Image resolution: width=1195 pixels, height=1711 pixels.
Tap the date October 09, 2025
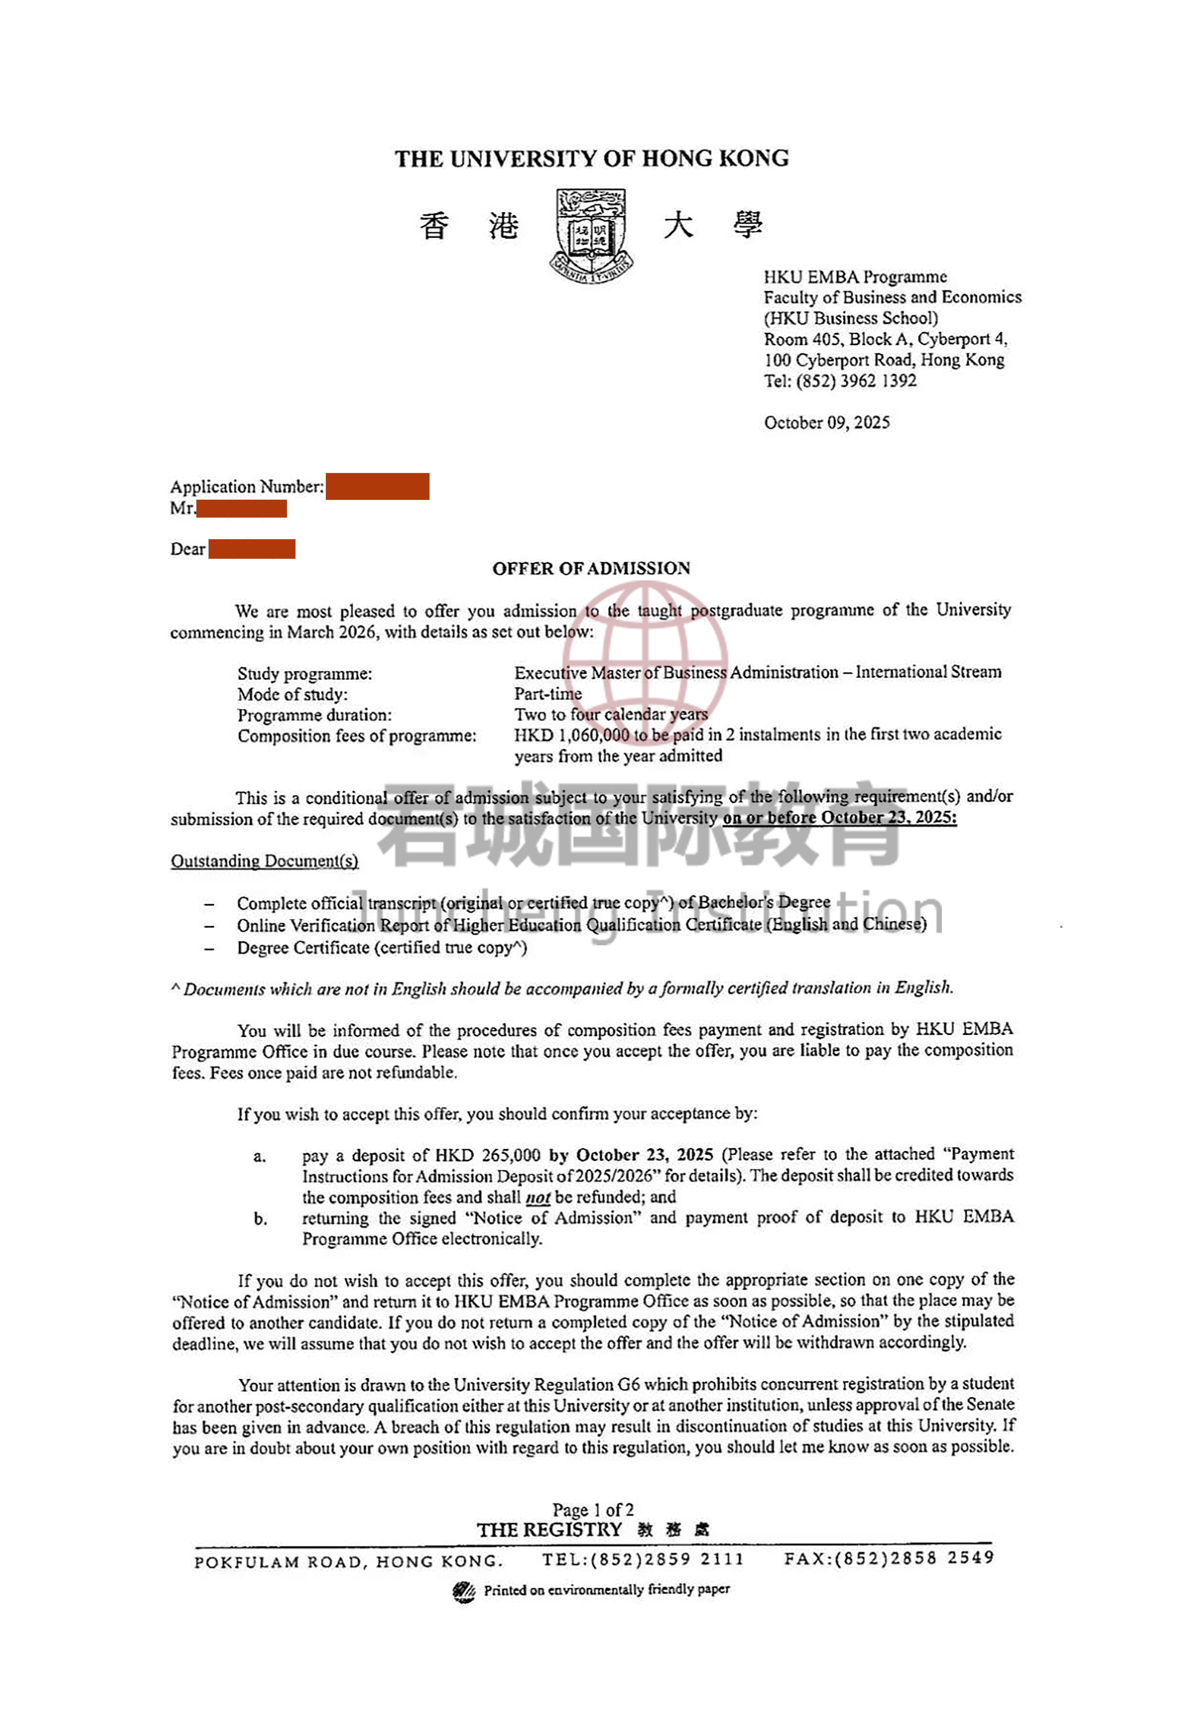(x=826, y=423)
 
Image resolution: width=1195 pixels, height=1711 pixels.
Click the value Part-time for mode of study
(x=547, y=694)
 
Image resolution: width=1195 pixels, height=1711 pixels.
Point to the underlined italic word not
(x=537, y=1198)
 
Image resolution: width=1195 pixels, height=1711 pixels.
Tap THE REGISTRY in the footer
(x=549, y=1530)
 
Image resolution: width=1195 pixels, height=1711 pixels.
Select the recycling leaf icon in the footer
(x=463, y=1591)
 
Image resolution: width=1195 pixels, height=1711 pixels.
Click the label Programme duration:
(x=314, y=715)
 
